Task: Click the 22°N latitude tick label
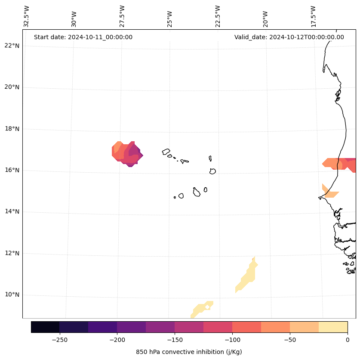12,46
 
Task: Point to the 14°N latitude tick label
12,211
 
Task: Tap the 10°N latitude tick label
12,295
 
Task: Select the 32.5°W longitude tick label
27,16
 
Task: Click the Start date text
83,37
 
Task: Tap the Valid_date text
289,37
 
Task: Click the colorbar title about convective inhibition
189,352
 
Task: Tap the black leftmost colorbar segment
45,327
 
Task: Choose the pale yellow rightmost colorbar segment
333,327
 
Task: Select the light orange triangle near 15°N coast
329,192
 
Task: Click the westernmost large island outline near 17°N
166,152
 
